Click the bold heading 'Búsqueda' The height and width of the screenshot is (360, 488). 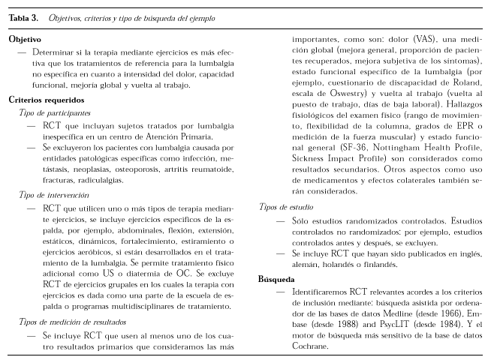276,278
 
